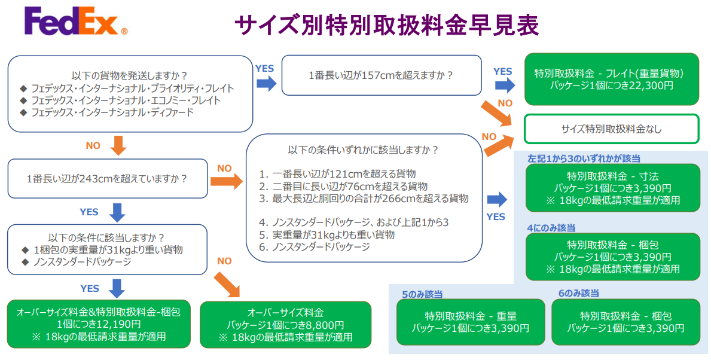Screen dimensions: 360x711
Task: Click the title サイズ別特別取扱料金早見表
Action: click(387, 25)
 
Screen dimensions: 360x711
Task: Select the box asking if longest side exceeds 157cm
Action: click(382, 75)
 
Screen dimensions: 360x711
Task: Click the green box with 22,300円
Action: click(611, 80)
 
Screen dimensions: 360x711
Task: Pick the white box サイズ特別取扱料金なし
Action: click(611, 129)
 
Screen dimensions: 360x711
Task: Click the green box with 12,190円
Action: click(99, 324)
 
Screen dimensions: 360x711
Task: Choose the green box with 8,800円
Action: click(285, 324)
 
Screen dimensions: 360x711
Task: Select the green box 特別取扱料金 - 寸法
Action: click(611, 188)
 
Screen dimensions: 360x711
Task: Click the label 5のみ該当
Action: click(422, 294)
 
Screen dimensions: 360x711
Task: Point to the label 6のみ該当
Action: click(578, 294)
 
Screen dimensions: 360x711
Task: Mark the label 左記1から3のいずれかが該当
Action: click(584, 159)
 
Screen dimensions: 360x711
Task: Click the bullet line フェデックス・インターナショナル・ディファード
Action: click(112, 112)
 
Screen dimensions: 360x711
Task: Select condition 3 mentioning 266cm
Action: click(364, 199)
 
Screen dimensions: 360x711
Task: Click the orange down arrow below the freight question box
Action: click(118, 145)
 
